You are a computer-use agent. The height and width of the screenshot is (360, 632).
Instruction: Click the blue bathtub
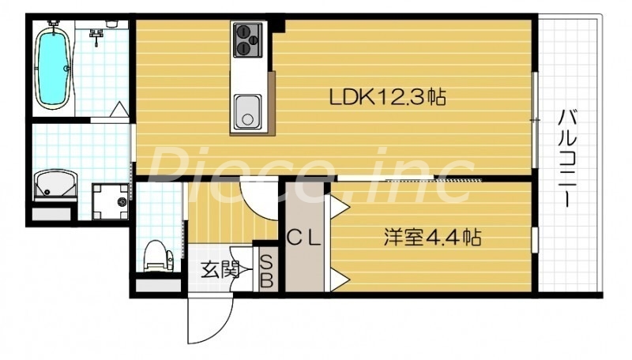pyautogui.click(x=53, y=64)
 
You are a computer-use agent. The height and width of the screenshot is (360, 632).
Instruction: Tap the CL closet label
pyautogui.click(x=303, y=236)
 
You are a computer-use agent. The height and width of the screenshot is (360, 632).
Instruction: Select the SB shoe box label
pyautogui.click(x=266, y=270)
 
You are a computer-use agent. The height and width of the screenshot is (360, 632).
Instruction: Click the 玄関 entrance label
pyautogui.click(x=219, y=270)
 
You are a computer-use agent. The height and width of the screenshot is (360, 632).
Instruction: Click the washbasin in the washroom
pyautogui.click(x=56, y=187)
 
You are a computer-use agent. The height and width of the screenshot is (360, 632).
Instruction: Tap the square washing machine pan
pyautogui.click(x=110, y=201)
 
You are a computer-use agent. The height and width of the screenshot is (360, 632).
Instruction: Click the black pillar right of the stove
pyautogui.click(x=279, y=27)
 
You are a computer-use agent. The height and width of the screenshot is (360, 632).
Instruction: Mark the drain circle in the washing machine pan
pyautogui.click(x=122, y=203)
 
